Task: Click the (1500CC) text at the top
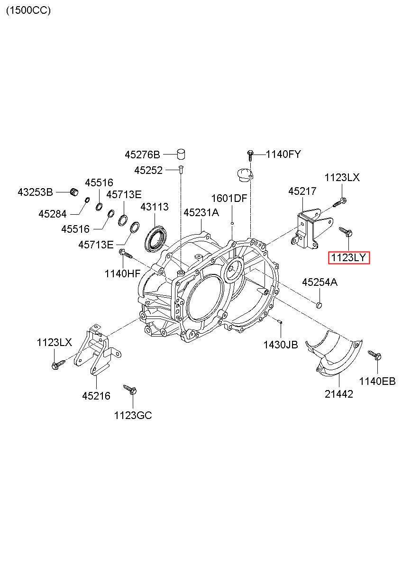(x=28, y=10)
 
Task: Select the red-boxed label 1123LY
(x=349, y=257)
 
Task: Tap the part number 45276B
(x=142, y=155)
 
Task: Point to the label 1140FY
(x=283, y=155)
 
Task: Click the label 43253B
(x=35, y=192)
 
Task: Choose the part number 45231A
(x=201, y=212)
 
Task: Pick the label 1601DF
(x=229, y=198)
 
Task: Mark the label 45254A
(x=320, y=282)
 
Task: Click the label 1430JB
(x=281, y=345)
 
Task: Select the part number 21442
(x=339, y=394)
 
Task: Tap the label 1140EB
(x=377, y=381)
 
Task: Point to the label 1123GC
(x=133, y=415)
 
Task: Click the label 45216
(x=96, y=396)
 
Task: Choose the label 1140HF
(x=123, y=273)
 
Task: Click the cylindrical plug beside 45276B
(x=181, y=154)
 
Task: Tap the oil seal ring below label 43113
(x=155, y=239)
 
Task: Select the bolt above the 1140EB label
(x=375, y=355)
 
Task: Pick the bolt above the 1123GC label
(x=130, y=390)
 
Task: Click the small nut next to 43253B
(x=74, y=191)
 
